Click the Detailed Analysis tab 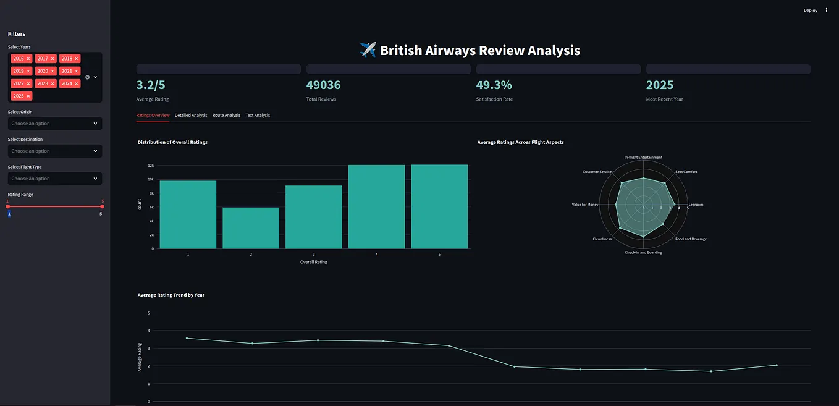191,115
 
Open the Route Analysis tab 226,115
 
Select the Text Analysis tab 258,115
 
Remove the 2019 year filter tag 28,71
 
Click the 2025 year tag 19,96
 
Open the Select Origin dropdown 55,124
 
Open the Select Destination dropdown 55,151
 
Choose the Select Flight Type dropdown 55,179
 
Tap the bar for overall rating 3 314,217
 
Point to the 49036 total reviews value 323,85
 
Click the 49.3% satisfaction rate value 494,85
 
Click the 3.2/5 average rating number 151,85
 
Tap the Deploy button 810,10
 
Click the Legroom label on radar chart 695,205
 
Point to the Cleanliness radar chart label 602,239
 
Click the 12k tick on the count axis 150,166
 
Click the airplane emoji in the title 368,50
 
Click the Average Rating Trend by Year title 171,295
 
